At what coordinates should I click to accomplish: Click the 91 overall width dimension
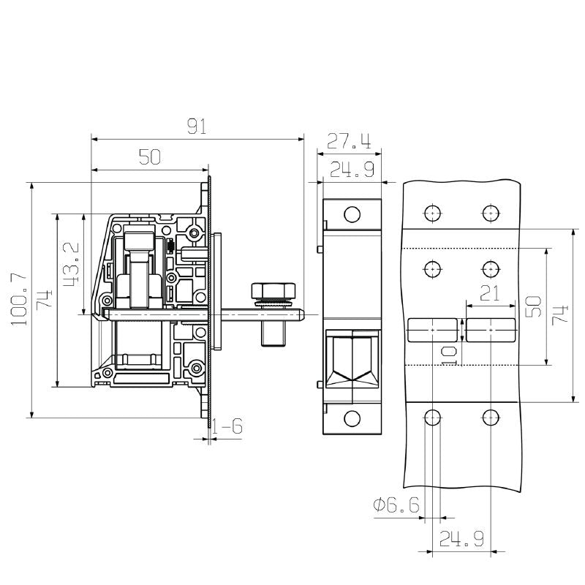tap(197, 127)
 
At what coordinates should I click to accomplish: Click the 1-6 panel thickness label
tap(228, 426)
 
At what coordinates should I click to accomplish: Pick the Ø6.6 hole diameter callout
tap(396, 505)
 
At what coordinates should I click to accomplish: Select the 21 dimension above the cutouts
tap(491, 293)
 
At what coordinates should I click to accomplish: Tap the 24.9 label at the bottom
tap(461, 540)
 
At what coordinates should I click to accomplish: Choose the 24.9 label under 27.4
tap(352, 170)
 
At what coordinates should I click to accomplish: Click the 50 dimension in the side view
tap(150, 157)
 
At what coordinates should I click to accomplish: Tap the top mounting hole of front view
tap(352, 214)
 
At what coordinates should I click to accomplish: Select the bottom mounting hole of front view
tap(352, 419)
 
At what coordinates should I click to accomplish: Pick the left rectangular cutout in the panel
tap(432, 331)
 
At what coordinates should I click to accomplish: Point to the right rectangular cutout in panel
tap(491, 331)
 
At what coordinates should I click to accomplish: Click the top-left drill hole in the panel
tap(432, 213)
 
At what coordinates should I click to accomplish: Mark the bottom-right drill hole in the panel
tap(491, 418)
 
